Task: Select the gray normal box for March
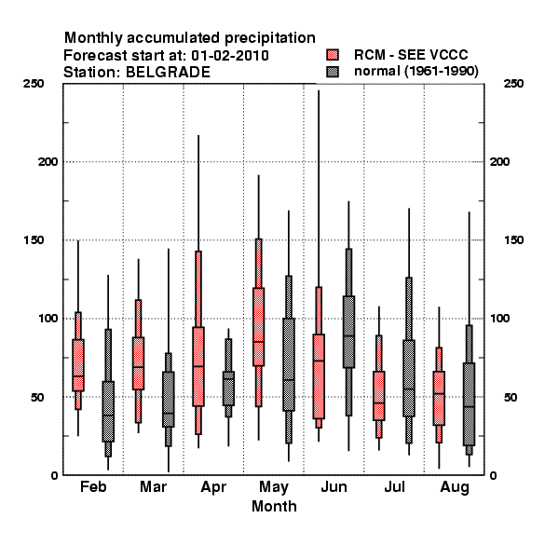click(169, 400)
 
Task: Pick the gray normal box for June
click(348, 332)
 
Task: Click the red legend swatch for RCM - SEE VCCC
click(333, 55)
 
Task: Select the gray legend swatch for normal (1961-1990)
click(333, 72)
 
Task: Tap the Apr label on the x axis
click(213, 487)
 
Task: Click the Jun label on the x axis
click(334, 486)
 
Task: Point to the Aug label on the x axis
click(455, 487)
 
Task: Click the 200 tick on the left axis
click(48, 162)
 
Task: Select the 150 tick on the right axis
click(513, 240)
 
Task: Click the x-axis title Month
click(274, 506)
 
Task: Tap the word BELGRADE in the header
click(169, 73)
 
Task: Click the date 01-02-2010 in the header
click(230, 56)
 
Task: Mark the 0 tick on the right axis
click(493, 475)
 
